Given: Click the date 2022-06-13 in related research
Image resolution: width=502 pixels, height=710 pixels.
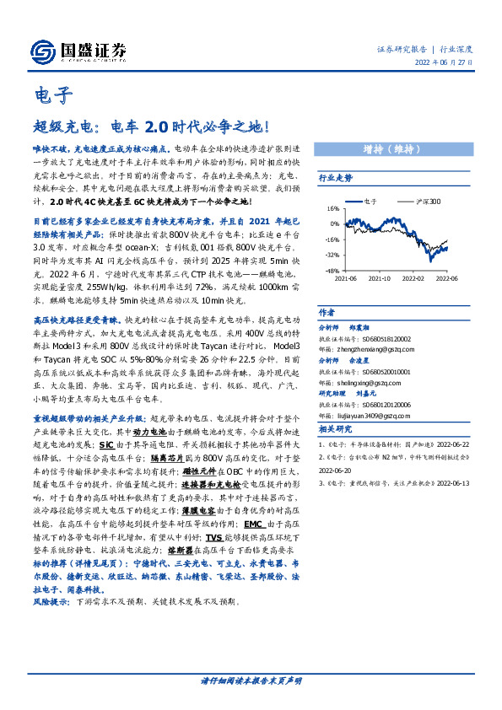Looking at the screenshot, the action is pos(467,486).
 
